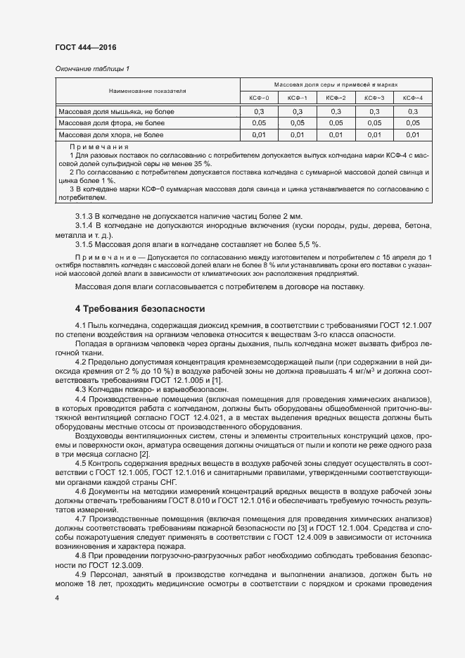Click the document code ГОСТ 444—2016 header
pyautogui.click(x=86, y=47)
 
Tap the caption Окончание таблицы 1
pyautogui.click(x=92, y=68)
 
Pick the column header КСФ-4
pyautogui.click(x=412, y=97)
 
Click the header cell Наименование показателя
pyautogui.click(x=147, y=91)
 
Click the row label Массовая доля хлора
pyautogui.click(x=110, y=134)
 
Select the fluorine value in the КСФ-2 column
pyautogui.click(x=336, y=123)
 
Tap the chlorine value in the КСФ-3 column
pyautogui.click(x=374, y=134)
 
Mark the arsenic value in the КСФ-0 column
pyautogui.click(x=258, y=112)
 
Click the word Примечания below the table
pyautogui.click(x=98, y=146)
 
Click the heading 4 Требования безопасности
pyautogui.click(x=139, y=309)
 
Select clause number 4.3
pyautogui.click(x=80, y=390)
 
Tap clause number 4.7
pyautogui.click(x=80, y=518)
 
